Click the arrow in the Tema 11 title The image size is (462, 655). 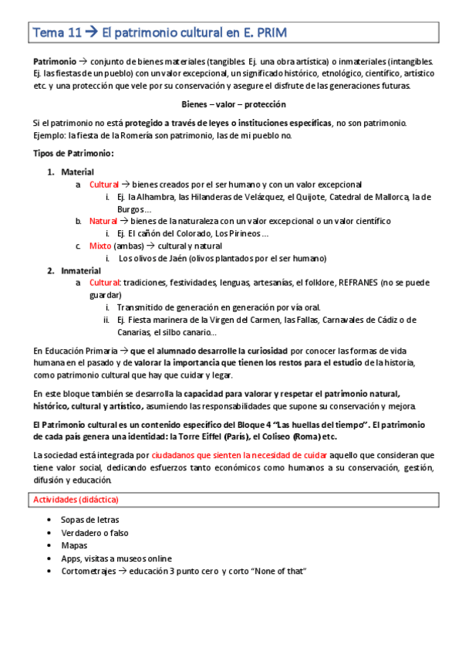(x=90, y=32)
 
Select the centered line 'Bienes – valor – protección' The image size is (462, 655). (x=233, y=104)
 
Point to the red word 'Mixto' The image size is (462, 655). (x=100, y=246)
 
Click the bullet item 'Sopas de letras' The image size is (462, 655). (x=89, y=520)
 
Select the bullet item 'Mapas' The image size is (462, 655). (x=74, y=545)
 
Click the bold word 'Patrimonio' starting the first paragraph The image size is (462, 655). (x=54, y=61)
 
